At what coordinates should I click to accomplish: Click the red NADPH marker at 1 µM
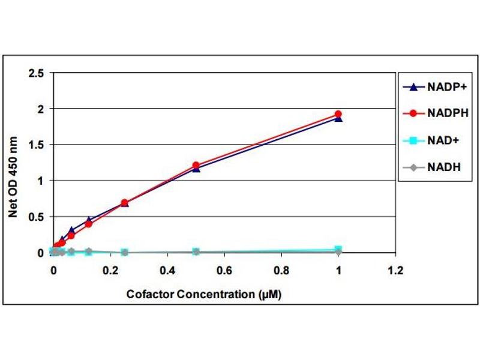[338, 114]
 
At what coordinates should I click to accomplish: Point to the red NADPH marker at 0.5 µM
[196, 165]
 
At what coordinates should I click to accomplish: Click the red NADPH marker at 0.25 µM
[124, 203]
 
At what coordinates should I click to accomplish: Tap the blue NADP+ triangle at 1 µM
[338, 118]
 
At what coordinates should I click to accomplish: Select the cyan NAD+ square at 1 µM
[338, 250]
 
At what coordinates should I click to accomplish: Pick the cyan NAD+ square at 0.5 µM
[196, 251]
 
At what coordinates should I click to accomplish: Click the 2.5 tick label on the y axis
[37, 73]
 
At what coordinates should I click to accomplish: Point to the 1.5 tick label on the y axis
[37, 145]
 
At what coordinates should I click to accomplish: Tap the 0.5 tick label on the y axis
[37, 217]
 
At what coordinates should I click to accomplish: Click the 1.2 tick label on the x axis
[395, 270]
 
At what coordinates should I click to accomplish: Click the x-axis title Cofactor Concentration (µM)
[204, 295]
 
